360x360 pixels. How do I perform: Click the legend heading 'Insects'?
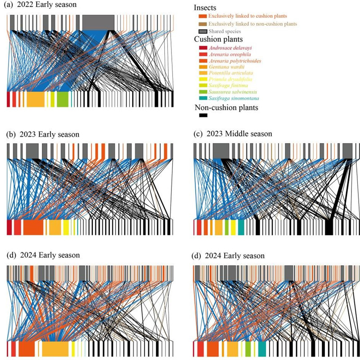[x=205, y=8]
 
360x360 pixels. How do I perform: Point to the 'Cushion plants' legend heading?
[x=216, y=39]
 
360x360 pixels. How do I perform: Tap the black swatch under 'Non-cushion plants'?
[x=203, y=116]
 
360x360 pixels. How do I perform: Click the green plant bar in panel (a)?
[x=62, y=99]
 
